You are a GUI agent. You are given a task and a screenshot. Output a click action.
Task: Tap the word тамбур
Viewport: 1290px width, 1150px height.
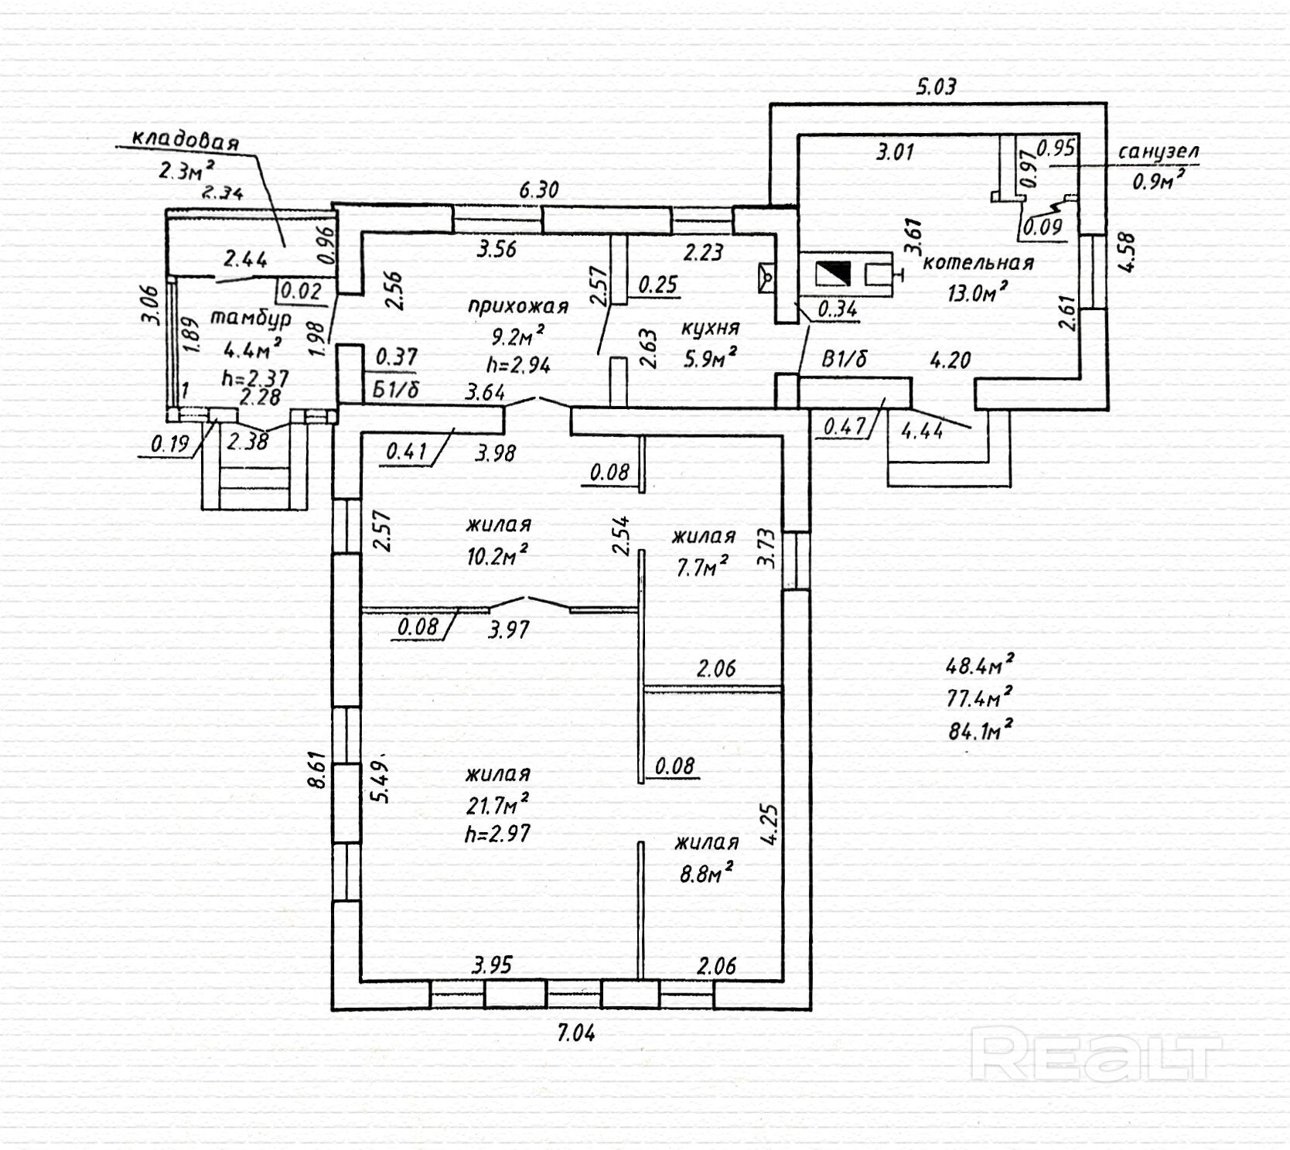[x=251, y=319]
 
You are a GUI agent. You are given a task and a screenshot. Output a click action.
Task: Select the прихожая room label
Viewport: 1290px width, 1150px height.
[x=517, y=306]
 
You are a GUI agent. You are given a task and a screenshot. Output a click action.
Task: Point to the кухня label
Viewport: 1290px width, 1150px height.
[x=709, y=328]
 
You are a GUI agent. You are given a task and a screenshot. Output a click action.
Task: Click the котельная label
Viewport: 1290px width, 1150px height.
[x=978, y=262]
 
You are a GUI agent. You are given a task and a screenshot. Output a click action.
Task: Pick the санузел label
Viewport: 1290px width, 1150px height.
[x=1158, y=152]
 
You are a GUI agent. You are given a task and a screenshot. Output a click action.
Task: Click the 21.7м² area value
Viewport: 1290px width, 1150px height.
[x=497, y=805]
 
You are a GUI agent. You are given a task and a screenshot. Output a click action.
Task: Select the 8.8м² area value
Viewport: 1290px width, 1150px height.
[x=705, y=874]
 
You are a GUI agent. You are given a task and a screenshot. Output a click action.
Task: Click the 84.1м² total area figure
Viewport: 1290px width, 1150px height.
[x=980, y=730]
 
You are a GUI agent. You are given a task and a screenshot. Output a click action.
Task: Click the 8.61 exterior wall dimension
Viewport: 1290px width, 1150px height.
[x=317, y=770]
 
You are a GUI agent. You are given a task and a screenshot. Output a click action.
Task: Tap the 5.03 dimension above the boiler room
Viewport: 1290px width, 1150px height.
[x=936, y=86]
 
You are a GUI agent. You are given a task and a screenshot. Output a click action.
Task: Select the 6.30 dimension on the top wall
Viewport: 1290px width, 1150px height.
[x=538, y=189]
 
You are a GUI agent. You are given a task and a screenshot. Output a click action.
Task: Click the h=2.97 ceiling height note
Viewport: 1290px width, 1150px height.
[x=497, y=834]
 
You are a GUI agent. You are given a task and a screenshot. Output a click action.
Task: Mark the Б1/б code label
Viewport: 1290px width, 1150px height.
[x=395, y=389]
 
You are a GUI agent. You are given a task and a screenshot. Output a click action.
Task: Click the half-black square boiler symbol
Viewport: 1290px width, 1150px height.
[x=833, y=275]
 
